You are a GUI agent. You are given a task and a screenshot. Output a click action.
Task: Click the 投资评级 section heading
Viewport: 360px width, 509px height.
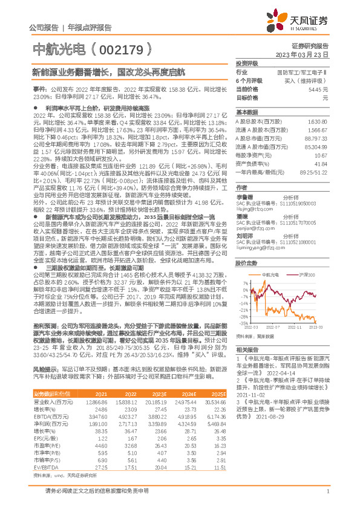pos(247,63)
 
